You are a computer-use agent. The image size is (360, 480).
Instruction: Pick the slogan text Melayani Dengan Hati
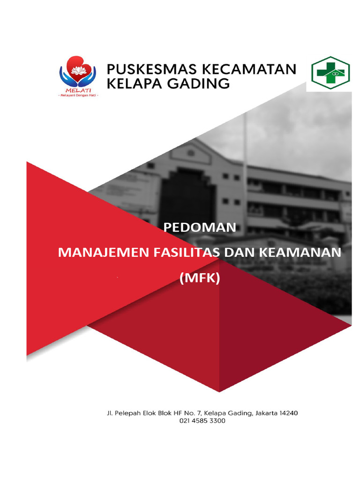[x=77, y=95]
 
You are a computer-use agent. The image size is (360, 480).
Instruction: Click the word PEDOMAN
[x=199, y=228]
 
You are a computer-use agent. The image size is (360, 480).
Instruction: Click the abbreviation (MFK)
[x=199, y=278]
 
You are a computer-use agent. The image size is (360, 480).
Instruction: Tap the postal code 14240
[x=287, y=413]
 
